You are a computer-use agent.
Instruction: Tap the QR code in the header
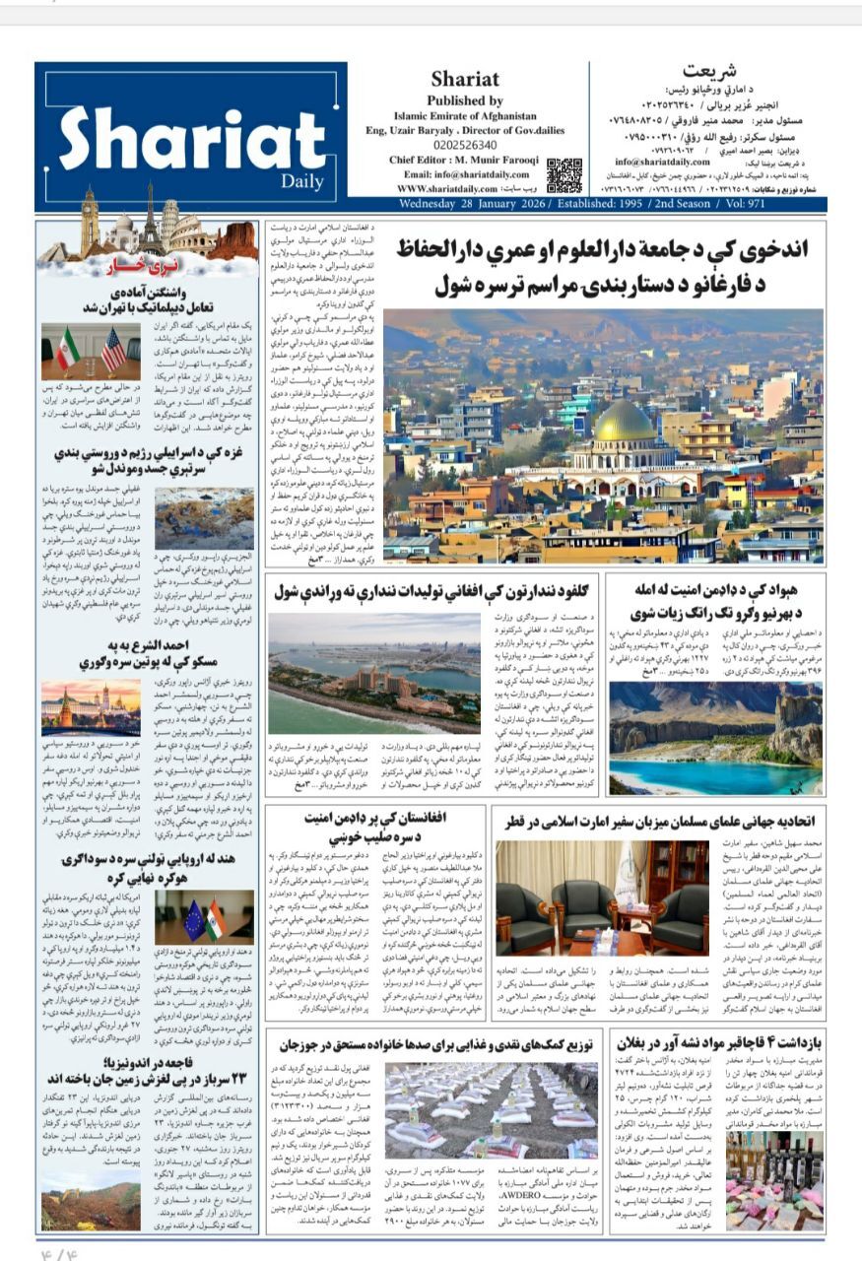coord(564,174)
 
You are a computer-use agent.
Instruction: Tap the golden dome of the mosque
coord(625,422)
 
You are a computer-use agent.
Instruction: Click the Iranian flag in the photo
coord(68,349)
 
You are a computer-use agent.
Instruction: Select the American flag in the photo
coord(113,349)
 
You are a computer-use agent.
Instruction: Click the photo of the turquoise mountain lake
coord(715,738)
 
